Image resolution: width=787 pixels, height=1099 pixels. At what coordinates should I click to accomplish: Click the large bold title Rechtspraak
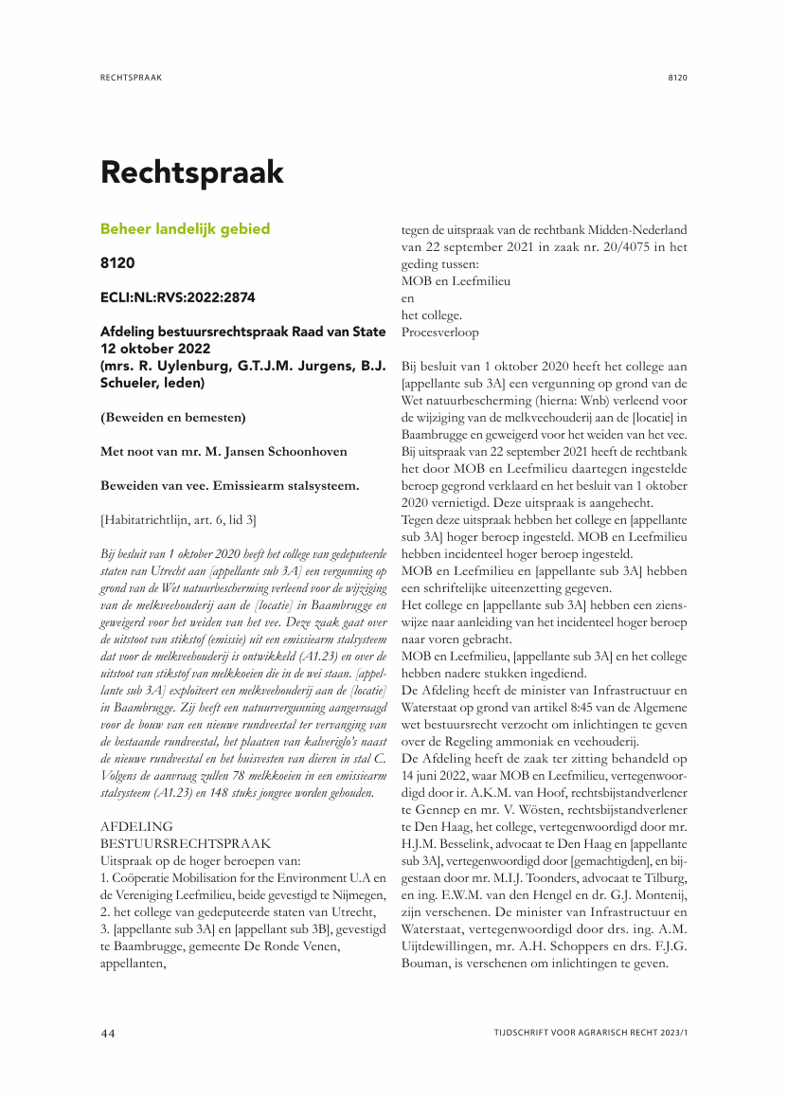coord(192,172)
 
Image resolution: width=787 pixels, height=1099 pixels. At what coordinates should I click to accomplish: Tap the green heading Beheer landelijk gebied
coord(185,228)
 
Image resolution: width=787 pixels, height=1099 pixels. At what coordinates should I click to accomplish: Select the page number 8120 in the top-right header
coord(676,78)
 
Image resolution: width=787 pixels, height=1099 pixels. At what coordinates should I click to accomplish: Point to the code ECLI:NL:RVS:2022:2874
coord(177,297)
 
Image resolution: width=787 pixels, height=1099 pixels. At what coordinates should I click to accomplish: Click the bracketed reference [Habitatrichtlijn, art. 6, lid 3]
coord(177,519)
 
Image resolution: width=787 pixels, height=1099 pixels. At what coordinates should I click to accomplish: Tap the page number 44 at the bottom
coord(108,1032)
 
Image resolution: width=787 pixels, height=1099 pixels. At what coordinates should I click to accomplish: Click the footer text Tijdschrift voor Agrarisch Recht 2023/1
coord(590,1032)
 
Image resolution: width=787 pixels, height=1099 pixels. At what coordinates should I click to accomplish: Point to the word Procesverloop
coord(440,333)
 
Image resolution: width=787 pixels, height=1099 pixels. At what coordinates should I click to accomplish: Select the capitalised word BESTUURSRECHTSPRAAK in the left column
coord(186,841)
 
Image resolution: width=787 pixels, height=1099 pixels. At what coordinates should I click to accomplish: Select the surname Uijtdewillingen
coord(447,947)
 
